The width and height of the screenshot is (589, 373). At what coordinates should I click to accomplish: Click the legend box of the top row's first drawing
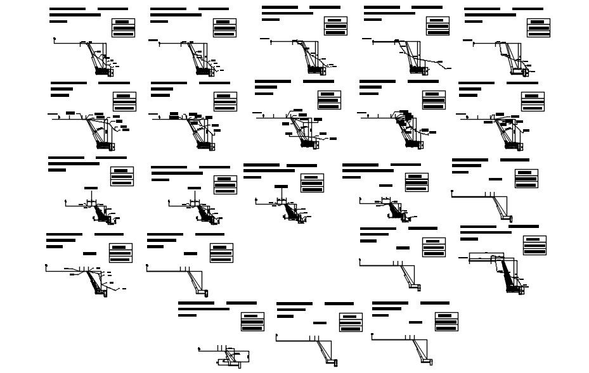(x=123, y=28)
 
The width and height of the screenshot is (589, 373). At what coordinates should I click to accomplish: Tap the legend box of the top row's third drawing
(x=335, y=26)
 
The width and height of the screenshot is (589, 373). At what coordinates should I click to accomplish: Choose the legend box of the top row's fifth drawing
(x=538, y=28)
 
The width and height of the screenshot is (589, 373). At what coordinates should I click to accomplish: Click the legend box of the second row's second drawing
(x=225, y=101)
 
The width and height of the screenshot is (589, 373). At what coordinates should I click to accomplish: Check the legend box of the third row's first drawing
(x=122, y=177)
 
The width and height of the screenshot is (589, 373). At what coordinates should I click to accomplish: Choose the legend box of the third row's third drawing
(x=312, y=183)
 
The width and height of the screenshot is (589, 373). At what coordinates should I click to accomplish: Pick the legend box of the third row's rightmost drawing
(x=526, y=179)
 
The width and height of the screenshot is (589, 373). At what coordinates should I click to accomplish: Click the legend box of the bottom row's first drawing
(x=252, y=321)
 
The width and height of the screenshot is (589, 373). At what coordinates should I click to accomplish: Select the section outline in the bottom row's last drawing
(x=418, y=348)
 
